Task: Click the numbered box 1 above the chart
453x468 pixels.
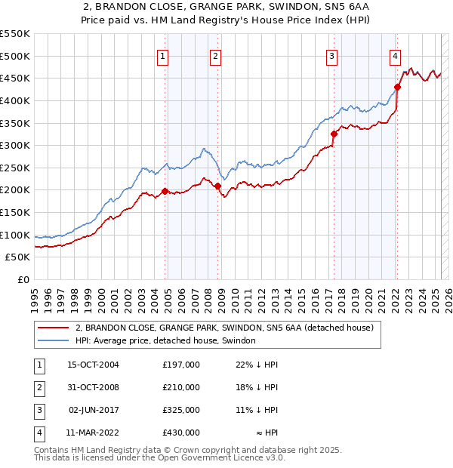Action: (164, 55)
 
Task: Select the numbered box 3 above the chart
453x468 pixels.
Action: (331, 55)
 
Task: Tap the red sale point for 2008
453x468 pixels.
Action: (217, 186)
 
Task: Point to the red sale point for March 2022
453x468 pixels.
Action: (397, 87)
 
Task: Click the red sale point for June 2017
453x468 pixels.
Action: (333, 134)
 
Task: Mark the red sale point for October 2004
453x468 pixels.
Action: (165, 192)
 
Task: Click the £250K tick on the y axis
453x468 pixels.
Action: (16, 168)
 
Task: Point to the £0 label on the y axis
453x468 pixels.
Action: (23, 279)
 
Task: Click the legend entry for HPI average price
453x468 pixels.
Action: (165, 340)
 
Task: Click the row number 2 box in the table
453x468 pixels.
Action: (38, 386)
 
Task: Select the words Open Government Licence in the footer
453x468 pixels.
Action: (218, 457)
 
